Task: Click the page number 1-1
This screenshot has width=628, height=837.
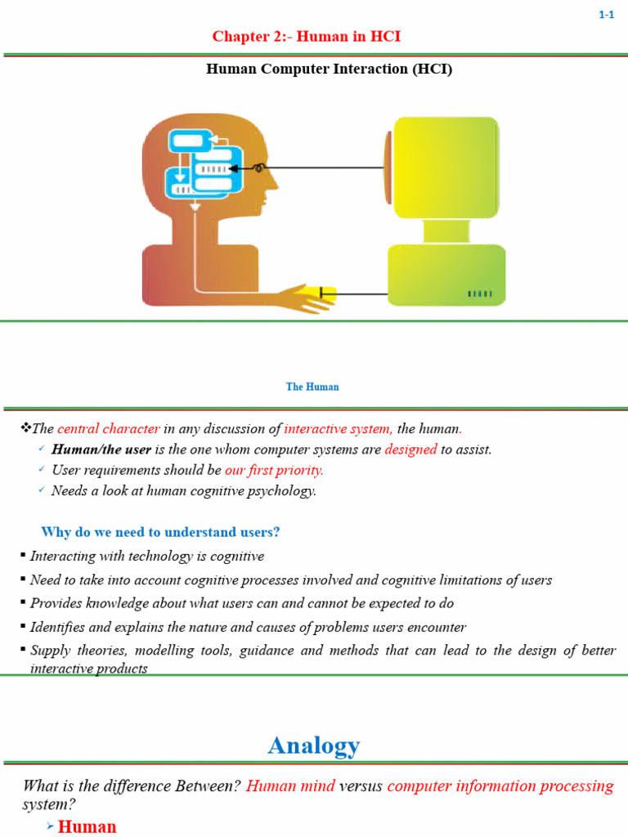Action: point(606,16)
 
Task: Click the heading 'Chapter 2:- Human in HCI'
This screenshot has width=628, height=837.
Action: point(307,37)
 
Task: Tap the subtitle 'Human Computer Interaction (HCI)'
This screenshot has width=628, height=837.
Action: point(329,69)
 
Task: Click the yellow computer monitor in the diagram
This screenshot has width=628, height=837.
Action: point(446,168)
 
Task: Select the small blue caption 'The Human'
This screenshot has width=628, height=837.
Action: point(312,387)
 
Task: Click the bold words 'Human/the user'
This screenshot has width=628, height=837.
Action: point(101,449)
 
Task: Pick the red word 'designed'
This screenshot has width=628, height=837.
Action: point(410,449)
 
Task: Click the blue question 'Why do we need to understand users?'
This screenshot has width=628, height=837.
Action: point(160,532)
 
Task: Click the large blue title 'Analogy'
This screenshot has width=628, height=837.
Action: point(314,745)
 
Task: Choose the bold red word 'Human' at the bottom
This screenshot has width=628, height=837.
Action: point(87,826)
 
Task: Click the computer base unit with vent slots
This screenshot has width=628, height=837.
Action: point(446,274)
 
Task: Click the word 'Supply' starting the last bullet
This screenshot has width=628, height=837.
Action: point(50,651)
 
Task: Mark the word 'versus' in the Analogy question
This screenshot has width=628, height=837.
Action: point(361,786)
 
